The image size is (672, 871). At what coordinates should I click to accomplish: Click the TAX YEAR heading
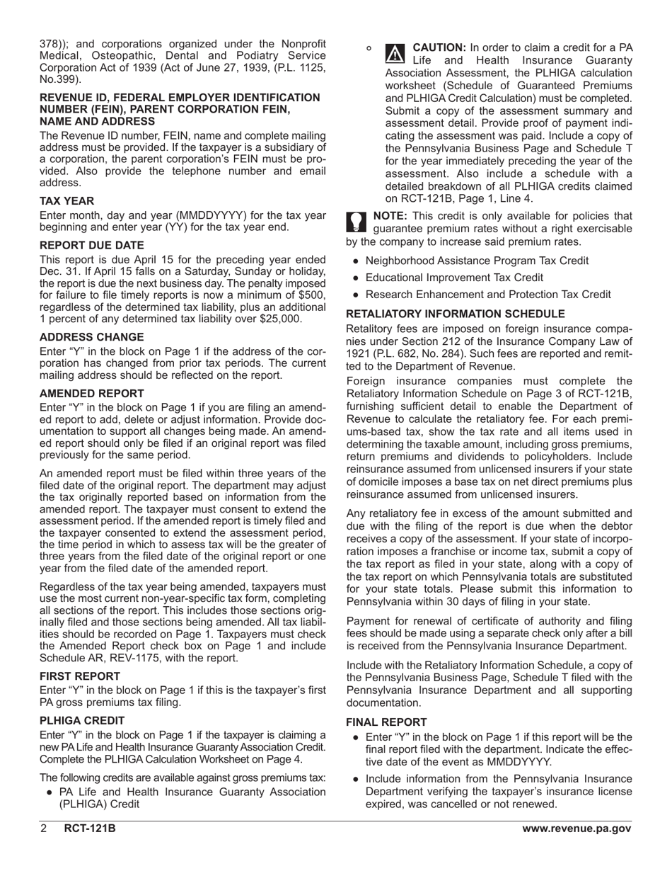[x=66, y=201]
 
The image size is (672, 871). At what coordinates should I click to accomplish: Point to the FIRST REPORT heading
[x=79, y=676]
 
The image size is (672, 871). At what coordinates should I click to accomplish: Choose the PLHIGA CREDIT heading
[x=82, y=720]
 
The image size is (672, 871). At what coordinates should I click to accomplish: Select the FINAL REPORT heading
[x=386, y=722]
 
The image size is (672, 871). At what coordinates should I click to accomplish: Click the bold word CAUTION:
[x=439, y=47]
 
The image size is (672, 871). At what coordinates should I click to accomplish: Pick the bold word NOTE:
[x=389, y=216]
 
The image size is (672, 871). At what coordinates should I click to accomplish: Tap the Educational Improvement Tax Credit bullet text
[x=454, y=278]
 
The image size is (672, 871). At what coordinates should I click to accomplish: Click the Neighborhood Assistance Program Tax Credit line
[x=476, y=261]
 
